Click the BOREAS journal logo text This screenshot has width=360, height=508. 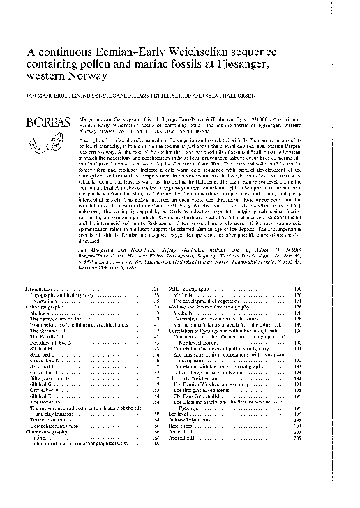click(46, 122)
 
